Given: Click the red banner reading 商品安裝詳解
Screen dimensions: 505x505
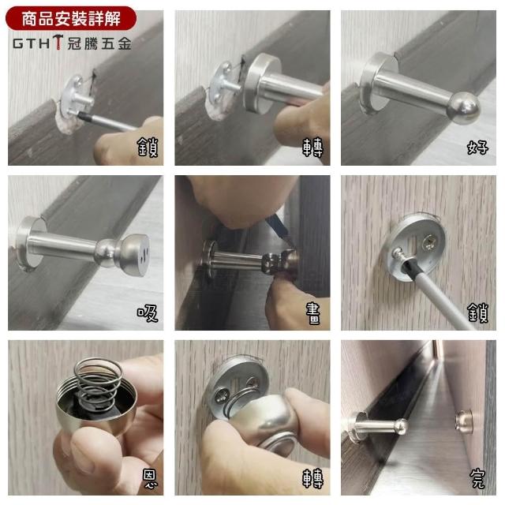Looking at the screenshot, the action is point(71,18).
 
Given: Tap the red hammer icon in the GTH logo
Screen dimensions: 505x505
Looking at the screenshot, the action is point(58,42).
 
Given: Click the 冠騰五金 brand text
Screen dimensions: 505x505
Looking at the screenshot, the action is point(99,43).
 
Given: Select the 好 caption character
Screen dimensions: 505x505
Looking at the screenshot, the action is point(477,148).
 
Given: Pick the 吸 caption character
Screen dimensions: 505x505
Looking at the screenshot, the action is point(148,313).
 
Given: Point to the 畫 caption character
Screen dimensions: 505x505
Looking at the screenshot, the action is point(312,313).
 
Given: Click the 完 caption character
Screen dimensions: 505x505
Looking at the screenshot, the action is point(477,479).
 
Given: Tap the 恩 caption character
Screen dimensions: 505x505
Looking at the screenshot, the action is point(150,479).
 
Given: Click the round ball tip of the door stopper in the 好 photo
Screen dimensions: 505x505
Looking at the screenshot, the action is point(464,107).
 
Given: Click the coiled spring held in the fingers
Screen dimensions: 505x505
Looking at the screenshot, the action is point(96,383).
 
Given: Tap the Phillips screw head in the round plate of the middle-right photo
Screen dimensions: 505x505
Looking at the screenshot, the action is point(429,242).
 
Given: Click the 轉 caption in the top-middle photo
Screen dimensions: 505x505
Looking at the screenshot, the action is point(312,148).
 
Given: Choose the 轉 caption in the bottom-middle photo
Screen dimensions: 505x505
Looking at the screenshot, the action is point(312,478).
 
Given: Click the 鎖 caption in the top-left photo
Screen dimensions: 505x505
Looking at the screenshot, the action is point(148,147).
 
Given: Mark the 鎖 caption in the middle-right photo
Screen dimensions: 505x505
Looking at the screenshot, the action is point(478,312).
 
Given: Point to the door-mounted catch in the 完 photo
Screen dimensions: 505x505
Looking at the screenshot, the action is point(464,421).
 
